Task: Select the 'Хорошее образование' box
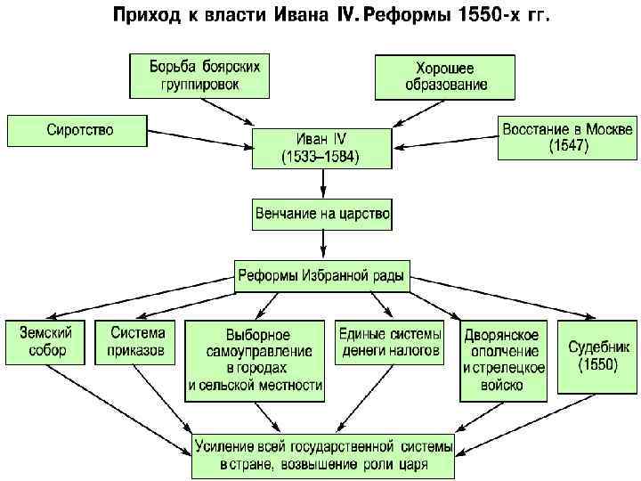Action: pos(444,77)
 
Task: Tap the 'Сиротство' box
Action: pos(74,130)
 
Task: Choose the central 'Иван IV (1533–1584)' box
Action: pos(322,147)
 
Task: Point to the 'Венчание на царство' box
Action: pos(321,215)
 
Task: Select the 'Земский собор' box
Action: pos(44,341)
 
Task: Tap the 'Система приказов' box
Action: pos(137,341)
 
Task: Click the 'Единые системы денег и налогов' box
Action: pos(390,342)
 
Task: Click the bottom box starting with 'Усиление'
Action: pos(324,455)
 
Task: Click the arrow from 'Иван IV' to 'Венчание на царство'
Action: pos(322,183)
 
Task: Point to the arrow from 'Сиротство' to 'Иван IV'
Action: pos(196,138)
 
